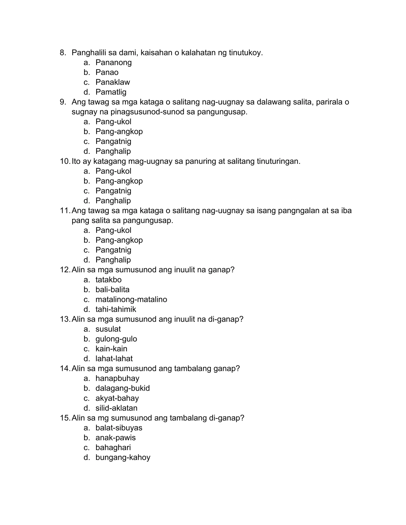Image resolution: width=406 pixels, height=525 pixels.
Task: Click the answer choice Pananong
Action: pyautogui.click(x=113, y=63)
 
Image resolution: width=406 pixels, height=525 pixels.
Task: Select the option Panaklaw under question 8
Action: pyautogui.click(x=113, y=82)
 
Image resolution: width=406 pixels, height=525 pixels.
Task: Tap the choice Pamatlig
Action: pyautogui.click(x=111, y=92)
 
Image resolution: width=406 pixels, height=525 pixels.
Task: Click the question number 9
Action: pyautogui.click(x=63, y=102)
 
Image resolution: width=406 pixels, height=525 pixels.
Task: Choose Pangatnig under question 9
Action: pyautogui.click(x=113, y=141)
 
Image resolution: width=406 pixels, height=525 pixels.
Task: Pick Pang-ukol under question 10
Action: pyautogui.click(x=113, y=171)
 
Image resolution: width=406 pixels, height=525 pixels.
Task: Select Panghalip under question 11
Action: pyautogui.click(x=113, y=260)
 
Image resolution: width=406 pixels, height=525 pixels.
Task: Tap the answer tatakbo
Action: pyautogui.click(x=108, y=280)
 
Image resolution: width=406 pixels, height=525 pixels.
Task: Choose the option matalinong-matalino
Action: pyautogui.click(x=131, y=300)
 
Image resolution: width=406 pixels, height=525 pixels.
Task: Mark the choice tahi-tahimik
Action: pyautogui.click(x=116, y=310)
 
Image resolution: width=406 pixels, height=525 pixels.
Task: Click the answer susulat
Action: pyautogui.click(x=108, y=329)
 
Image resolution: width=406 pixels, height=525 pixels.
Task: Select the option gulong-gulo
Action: pyautogui.click(x=116, y=339)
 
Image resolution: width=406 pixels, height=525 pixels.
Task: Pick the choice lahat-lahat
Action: pyautogui.click(x=114, y=359)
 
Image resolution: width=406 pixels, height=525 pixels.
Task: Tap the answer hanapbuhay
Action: pyautogui.click(x=117, y=378)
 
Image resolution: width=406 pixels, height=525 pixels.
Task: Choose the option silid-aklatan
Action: pyautogui.click(x=116, y=408)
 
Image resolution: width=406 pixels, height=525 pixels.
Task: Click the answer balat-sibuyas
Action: pyautogui.click(x=119, y=428)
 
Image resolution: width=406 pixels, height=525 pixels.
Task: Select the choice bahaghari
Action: pyautogui.click(x=113, y=448)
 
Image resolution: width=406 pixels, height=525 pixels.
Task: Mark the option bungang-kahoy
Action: pyautogui.click(x=123, y=458)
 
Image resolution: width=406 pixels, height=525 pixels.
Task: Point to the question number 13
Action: pyautogui.click(x=65, y=319)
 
